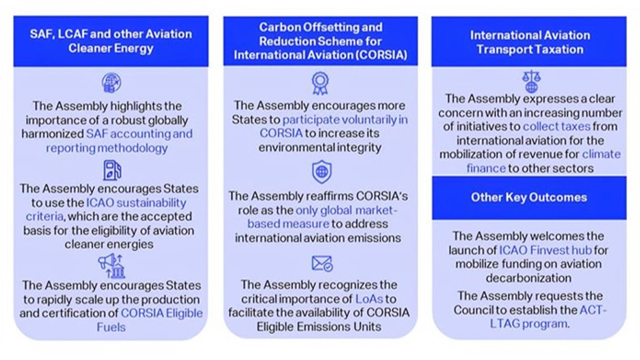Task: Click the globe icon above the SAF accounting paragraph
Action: [111, 83]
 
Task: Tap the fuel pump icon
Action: [112, 170]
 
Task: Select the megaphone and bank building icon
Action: [111, 266]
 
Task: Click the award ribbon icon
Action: [320, 83]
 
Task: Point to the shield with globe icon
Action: [322, 172]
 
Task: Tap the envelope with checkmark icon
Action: [322, 264]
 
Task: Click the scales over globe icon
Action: [531, 81]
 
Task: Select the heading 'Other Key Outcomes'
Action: [529, 197]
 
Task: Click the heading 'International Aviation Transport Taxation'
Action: [530, 42]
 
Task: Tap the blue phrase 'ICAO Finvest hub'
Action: [545, 250]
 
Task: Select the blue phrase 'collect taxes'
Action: [557, 126]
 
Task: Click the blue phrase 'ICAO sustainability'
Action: [136, 203]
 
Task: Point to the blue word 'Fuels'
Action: [111, 327]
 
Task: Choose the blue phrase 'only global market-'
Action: [347, 210]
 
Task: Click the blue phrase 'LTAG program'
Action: [528, 324]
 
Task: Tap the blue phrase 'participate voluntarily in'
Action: [345, 120]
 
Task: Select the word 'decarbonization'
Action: [529, 278]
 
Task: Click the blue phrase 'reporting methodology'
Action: [107, 148]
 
